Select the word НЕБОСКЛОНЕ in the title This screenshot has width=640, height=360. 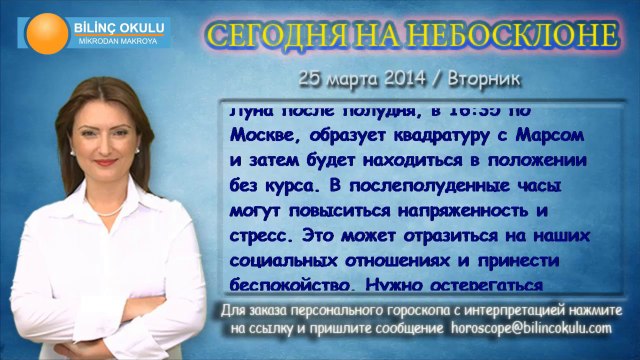point(526,36)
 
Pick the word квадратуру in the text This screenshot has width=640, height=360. point(429,134)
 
